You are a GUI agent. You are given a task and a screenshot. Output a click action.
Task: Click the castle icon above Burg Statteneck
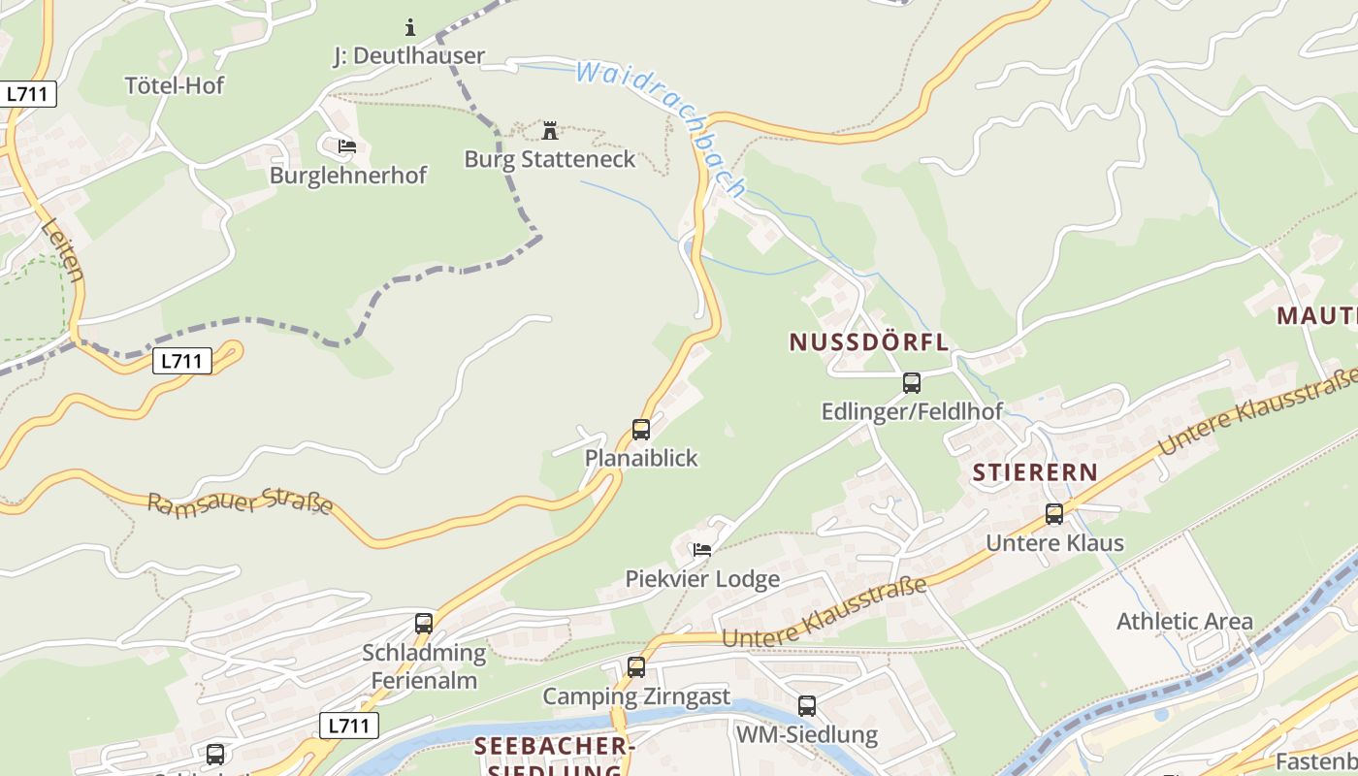point(550,130)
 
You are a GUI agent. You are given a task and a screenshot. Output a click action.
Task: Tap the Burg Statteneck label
point(549,159)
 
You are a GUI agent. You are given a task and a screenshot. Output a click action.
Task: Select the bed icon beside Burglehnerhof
point(347,146)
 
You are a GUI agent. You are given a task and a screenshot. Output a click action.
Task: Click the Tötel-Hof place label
point(175,85)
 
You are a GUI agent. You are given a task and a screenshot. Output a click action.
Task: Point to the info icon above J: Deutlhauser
point(410,27)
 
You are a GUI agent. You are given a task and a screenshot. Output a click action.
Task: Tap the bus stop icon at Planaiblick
point(640,429)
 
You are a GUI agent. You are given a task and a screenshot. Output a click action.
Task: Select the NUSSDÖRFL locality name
point(868,342)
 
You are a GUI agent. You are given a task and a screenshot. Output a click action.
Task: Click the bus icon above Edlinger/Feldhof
point(911,382)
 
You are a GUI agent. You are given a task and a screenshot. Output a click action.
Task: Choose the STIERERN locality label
point(1035,473)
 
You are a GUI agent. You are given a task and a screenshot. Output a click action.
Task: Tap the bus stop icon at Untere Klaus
point(1053,513)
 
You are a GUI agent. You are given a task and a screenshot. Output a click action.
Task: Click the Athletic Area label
point(1184,621)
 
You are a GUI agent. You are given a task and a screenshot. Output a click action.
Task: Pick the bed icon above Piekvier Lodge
point(701,550)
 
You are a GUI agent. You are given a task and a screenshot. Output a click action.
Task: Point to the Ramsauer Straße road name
point(241,502)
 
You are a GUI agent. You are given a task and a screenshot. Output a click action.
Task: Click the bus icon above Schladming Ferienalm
point(424,623)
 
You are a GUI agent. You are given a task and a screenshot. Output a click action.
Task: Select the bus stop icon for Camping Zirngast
point(635,666)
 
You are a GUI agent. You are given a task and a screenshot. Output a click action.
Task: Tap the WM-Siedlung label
point(807,735)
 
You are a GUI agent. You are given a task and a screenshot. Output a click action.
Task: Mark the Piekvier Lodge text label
point(702,579)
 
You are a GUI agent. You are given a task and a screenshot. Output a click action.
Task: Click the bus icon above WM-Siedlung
point(806,705)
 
